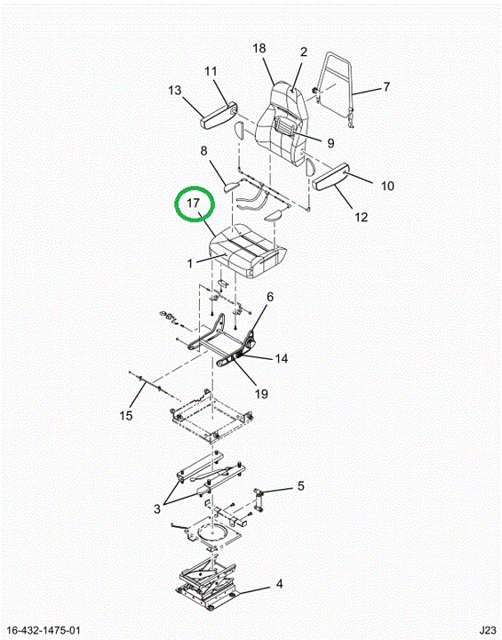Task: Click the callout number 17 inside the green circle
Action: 193,203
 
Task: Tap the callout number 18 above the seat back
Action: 259,49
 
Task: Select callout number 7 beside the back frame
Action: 386,87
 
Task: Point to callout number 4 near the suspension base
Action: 279,584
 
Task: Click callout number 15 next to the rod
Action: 301,486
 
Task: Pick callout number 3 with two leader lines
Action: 157,509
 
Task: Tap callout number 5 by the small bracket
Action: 301,486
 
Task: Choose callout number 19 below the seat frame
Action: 261,394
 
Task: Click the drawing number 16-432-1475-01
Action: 44,630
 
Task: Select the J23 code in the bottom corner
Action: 488,630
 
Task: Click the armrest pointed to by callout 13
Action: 219,116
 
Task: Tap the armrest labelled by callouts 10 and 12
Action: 331,175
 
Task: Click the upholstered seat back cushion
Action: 282,123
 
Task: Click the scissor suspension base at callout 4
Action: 207,584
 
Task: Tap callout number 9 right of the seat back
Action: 331,143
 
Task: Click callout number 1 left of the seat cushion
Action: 190,264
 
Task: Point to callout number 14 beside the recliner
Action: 281,359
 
